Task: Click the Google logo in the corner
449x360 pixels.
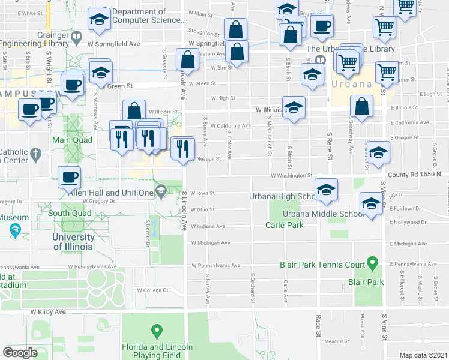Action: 20,353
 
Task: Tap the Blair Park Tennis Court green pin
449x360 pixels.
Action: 372,262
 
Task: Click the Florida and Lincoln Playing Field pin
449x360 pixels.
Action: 157,331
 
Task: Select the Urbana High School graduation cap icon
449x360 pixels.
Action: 326,190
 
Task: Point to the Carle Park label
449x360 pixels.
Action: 285,225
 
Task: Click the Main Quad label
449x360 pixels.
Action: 70,140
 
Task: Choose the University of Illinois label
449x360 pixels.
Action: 73,242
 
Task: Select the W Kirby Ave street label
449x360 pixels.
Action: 47,312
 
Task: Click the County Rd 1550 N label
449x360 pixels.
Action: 414,175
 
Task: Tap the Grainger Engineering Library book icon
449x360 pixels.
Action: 76,38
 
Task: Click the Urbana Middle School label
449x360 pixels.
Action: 324,214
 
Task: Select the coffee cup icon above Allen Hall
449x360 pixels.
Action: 68,177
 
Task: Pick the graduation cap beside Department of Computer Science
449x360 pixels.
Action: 98,19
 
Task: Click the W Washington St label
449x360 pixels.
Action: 291,176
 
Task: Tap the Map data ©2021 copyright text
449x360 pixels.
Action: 423,355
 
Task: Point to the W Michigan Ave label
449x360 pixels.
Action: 210,243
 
